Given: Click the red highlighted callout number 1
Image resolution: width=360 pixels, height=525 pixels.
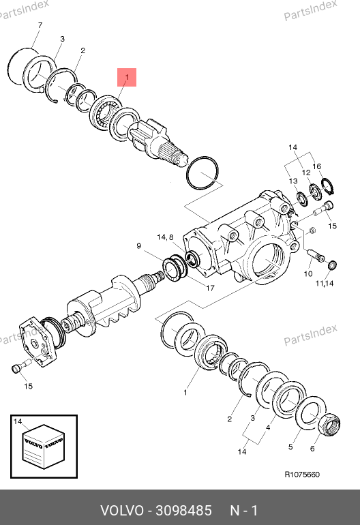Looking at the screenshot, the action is (x=127, y=77).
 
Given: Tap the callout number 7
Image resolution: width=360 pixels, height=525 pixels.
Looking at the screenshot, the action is (x=40, y=25).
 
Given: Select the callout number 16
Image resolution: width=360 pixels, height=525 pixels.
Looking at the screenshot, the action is (x=317, y=166).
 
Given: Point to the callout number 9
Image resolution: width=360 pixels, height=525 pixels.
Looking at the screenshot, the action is (x=139, y=246).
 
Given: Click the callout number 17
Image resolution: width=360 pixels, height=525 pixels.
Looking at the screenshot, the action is (x=210, y=288).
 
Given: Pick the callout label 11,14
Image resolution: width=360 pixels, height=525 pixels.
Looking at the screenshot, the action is (x=325, y=283).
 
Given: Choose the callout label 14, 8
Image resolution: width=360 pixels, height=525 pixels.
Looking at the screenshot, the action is (x=165, y=237).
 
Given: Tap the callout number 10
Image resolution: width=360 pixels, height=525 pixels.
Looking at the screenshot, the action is (x=308, y=274).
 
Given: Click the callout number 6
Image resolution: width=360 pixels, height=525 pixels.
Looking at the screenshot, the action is (x=312, y=449).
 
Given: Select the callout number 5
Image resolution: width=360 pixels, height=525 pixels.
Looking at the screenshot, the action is (x=290, y=447).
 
